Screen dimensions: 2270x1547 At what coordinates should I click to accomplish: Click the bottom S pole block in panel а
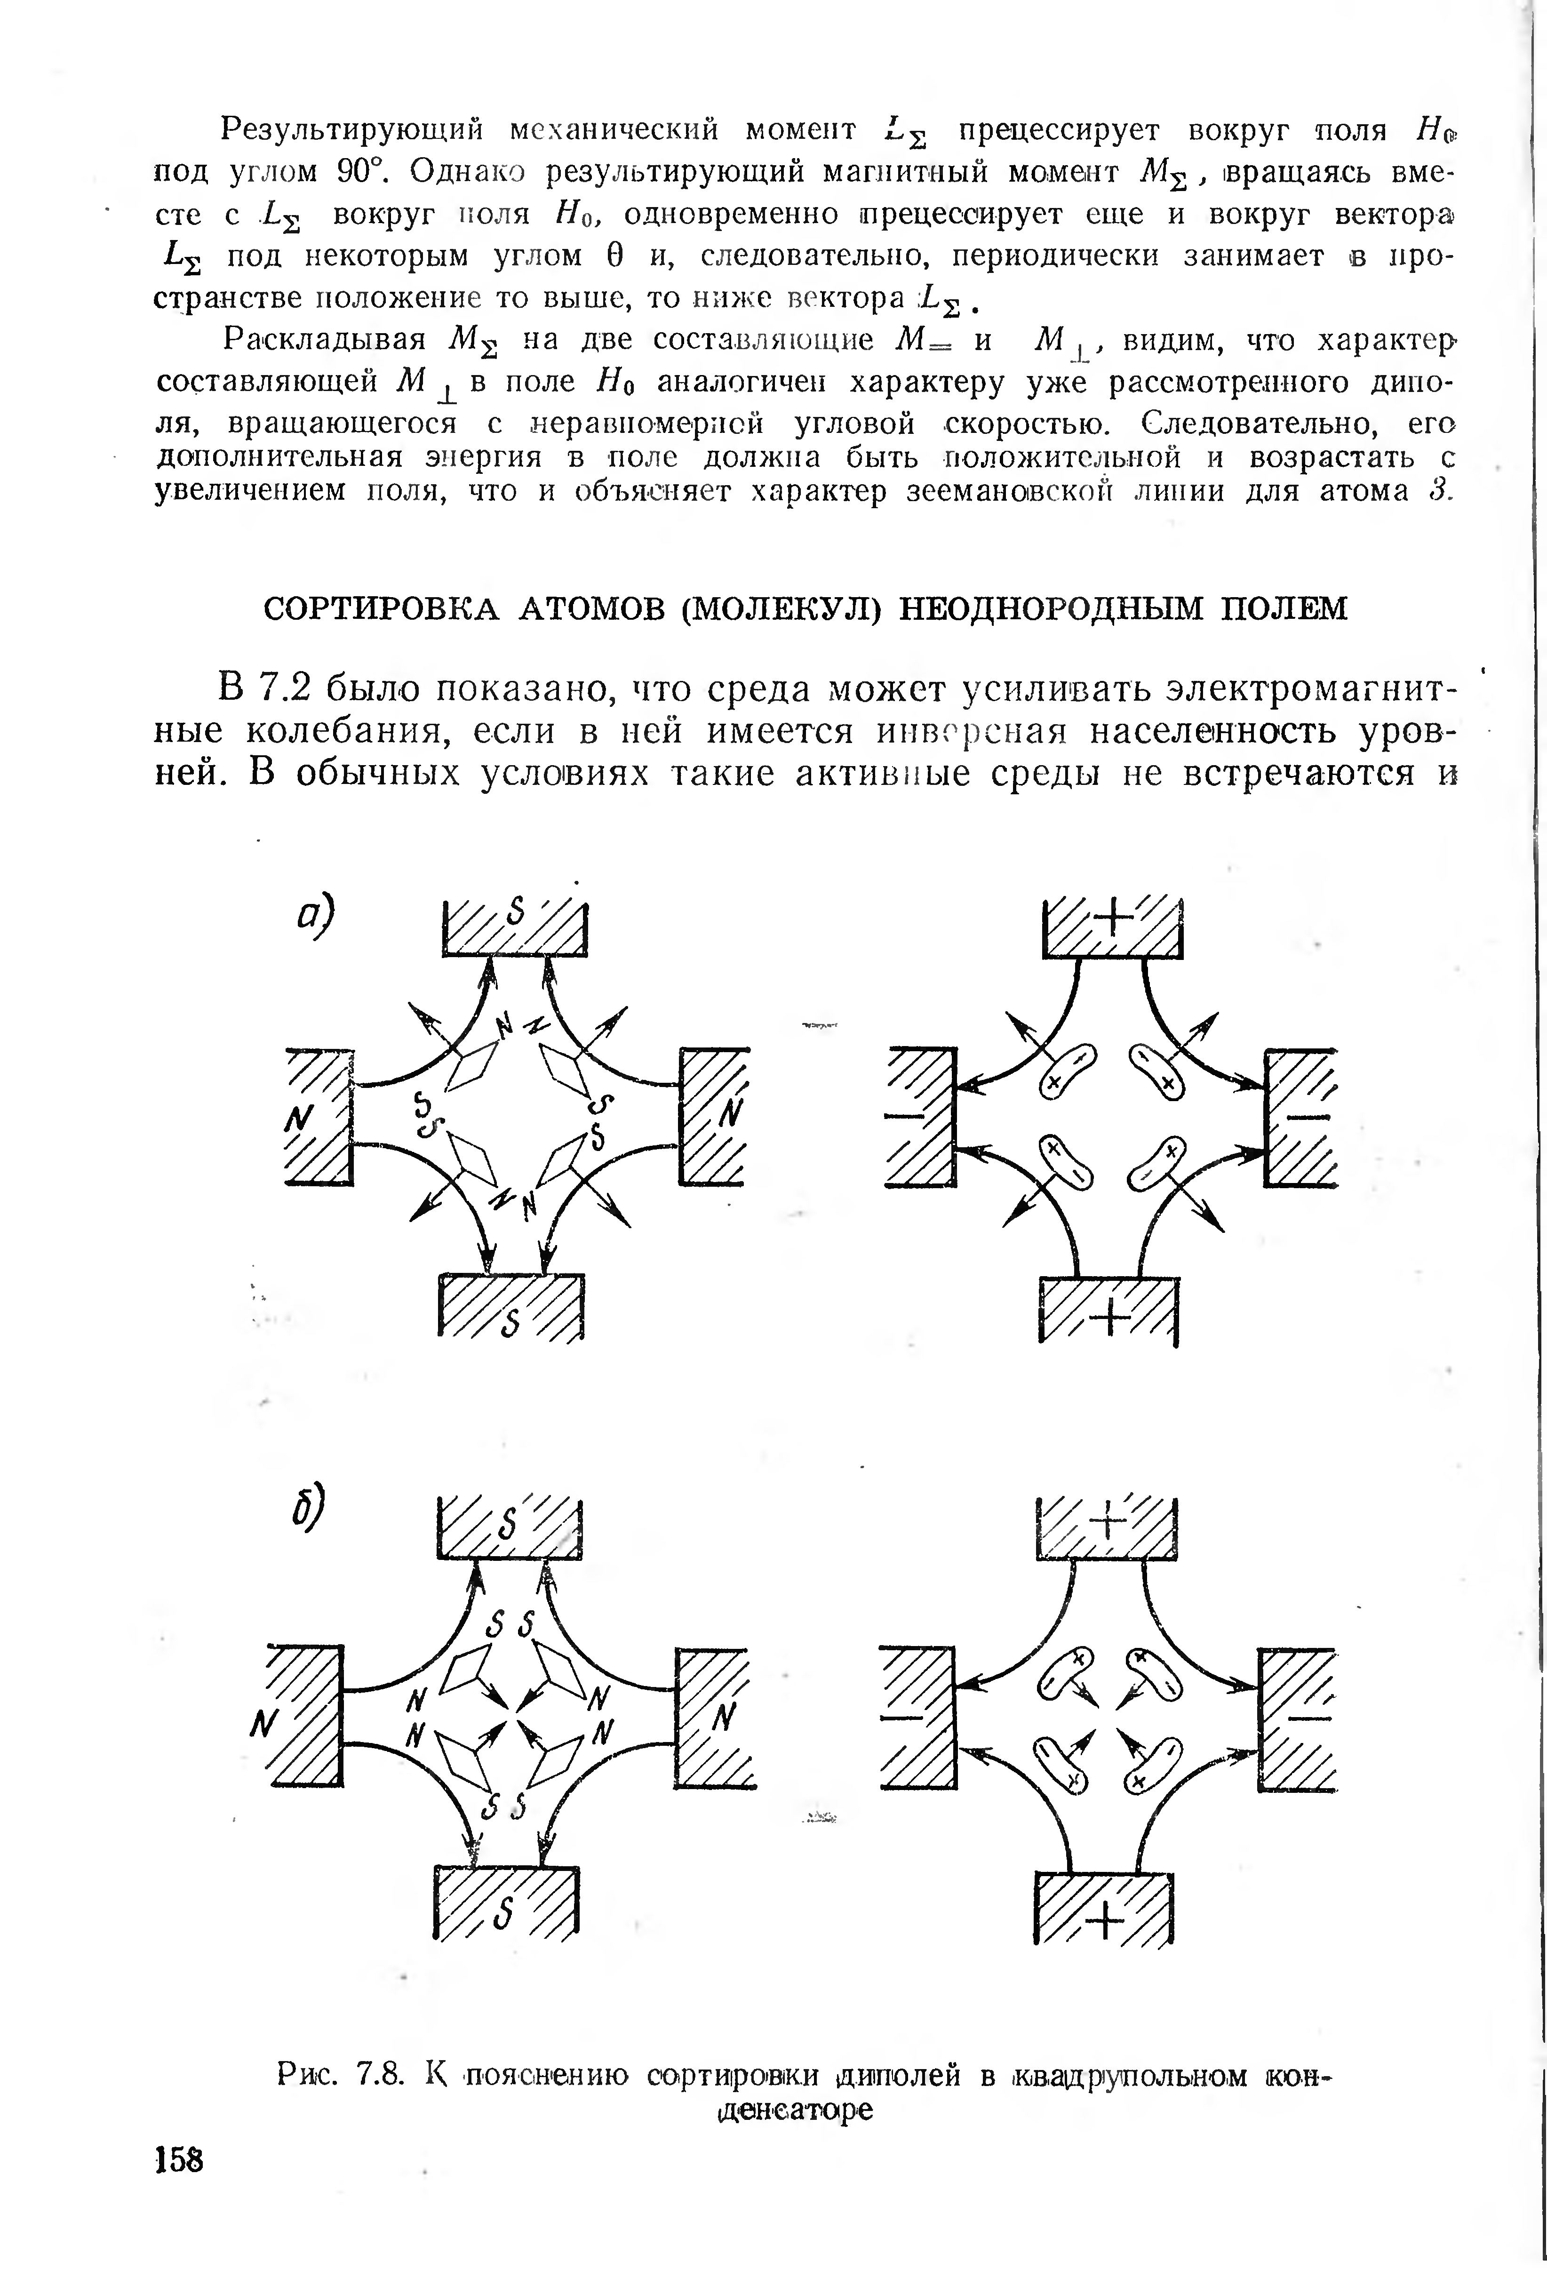tap(513, 1307)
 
